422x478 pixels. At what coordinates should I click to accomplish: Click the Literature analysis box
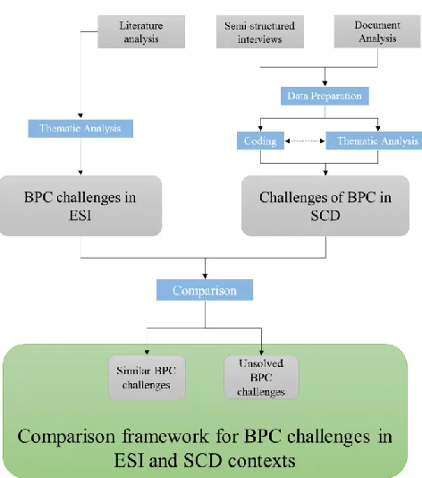[x=141, y=31]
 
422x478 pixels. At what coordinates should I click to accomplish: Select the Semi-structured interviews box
[x=259, y=31]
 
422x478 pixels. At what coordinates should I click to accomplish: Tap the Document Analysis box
[x=377, y=31]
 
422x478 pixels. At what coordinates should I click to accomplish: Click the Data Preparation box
[x=325, y=96]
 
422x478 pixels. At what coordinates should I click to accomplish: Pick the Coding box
[x=260, y=141]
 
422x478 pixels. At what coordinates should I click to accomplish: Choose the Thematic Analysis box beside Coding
[x=374, y=141]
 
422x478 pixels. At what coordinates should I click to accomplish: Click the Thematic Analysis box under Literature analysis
[x=80, y=128]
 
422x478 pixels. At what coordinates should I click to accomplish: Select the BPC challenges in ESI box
[x=80, y=206]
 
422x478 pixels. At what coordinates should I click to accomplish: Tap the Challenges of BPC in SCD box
[x=325, y=206]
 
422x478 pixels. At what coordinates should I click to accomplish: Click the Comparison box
[x=205, y=290]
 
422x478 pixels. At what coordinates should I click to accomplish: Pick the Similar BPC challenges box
[x=147, y=378]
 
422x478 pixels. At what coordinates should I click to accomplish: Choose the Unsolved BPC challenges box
[x=261, y=378]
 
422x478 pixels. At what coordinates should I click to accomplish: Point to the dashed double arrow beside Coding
[x=305, y=141]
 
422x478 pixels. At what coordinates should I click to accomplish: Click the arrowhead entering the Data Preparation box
[x=325, y=83]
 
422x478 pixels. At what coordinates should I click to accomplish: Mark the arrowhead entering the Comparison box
[x=205, y=276]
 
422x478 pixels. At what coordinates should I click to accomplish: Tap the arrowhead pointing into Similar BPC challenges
[x=147, y=352]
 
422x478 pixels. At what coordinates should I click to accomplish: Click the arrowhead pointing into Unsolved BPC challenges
[x=261, y=353]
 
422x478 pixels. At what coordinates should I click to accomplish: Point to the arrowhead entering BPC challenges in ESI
[x=80, y=173]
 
